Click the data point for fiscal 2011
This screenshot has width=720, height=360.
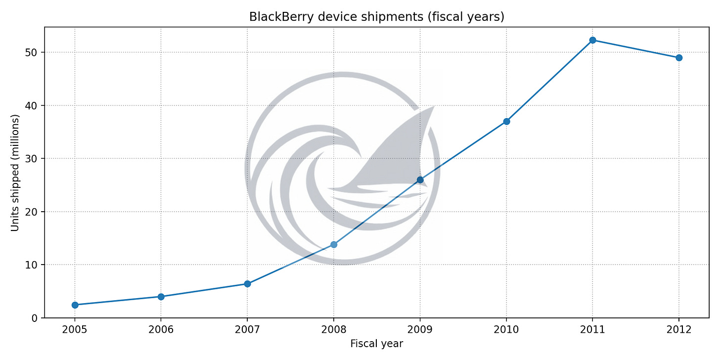click(x=592, y=40)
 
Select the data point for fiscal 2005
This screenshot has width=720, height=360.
click(x=75, y=305)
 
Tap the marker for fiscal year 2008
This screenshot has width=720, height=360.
click(x=334, y=244)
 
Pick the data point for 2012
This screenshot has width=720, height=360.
click(x=679, y=58)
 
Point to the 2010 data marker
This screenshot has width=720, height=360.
click(x=506, y=121)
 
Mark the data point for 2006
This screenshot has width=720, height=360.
click(x=161, y=297)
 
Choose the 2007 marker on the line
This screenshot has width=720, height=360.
click(x=247, y=284)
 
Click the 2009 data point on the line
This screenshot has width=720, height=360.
click(x=420, y=180)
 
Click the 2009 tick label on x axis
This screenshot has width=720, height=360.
click(x=420, y=330)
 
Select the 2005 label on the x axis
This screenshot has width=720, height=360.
click(x=75, y=330)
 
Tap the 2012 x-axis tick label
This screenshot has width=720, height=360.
click(x=678, y=330)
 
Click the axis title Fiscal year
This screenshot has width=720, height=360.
click(x=376, y=344)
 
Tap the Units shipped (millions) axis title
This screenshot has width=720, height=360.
click(x=15, y=173)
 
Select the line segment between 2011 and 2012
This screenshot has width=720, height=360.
click(x=636, y=49)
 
